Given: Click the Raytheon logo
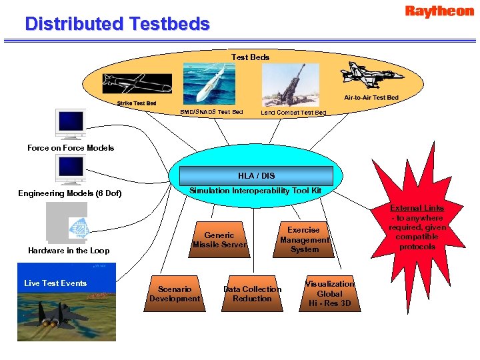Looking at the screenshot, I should coord(439,11).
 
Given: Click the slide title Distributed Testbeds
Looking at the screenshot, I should coord(117,25).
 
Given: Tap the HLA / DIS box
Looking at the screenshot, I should coord(256,176).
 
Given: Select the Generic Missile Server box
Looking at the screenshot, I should coord(219,240).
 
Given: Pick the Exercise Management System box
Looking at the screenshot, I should coord(304,239).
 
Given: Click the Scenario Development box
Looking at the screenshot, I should coord(175,294).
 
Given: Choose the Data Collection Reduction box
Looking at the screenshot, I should coord(252,294).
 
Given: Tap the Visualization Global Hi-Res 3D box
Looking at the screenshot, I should coord(329,293).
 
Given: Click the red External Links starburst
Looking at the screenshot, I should coord(417,227).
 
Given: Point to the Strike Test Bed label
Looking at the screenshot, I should coord(137,103).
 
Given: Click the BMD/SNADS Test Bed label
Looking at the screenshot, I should coord(211,112).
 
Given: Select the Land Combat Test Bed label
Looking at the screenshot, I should coord(293,113).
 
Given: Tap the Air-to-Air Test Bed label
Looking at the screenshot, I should coord(371,98).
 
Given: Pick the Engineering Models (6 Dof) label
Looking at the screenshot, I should coord(70,194).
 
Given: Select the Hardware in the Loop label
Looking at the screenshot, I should coord(69,251).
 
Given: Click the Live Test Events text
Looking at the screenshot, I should coord(55,283).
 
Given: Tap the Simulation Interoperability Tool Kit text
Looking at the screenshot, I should coord(255,191).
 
